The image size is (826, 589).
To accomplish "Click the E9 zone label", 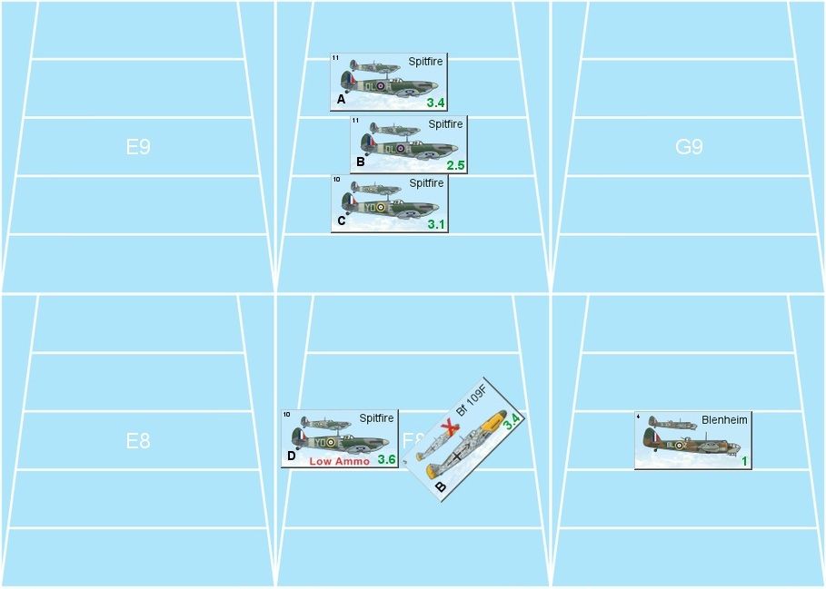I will (x=138, y=147).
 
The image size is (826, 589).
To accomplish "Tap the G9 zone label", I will (x=689, y=147).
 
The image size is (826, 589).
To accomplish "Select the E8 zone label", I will (x=138, y=441).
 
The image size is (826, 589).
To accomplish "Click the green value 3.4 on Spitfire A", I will (x=435, y=103).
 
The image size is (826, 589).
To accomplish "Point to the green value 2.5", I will (x=455, y=165).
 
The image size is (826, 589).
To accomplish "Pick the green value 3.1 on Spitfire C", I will (x=436, y=224).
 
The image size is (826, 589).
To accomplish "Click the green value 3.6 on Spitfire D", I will (x=386, y=459).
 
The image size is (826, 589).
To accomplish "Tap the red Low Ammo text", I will (x=339, y=461).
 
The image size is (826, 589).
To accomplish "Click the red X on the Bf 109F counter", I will (x=447, y=427).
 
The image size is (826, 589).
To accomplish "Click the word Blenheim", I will (x=724, y=420).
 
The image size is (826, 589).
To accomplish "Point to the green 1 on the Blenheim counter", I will (x=743, y=461).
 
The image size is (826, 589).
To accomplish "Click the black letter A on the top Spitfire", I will (x=342, y=99).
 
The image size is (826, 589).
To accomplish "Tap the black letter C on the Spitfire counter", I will (x=342, y=221).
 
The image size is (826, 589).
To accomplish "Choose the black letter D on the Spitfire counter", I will (x=292, y=456).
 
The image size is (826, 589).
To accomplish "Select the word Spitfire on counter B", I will (x=445, y=124).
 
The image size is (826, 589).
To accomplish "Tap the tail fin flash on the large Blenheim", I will (x=651, y=440).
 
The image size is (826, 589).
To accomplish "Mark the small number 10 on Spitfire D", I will (x=286, y=416).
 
